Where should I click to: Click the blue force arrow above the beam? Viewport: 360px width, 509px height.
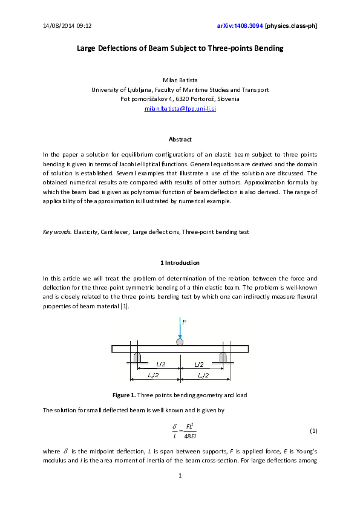[x=180, y=329]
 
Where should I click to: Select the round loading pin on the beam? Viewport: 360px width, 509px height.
[x=180, y=342]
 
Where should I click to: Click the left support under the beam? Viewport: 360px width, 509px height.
[x=137, y=357]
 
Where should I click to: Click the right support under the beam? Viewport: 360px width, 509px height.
[x=223, y=357]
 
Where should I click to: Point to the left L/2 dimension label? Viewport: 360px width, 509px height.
[x=160, y=365]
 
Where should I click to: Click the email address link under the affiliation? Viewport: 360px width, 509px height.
[x=180, y=109]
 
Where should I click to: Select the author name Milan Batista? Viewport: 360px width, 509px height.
[x=180, y=80]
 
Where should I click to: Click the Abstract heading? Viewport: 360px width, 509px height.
[x=180, y=140]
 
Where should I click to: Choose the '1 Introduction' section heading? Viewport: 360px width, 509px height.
[x=180, y=263]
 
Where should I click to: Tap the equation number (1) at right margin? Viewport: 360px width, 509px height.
[x=313, y=431]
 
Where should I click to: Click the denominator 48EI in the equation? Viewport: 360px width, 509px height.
[x=180, y=436]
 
